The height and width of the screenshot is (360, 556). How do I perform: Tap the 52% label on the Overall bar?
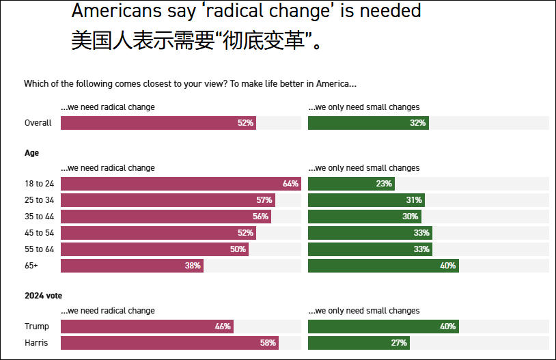coord(245,123)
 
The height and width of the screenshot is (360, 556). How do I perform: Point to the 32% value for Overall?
coord(418,123)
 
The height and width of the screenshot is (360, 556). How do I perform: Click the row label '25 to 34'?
coord(39,200)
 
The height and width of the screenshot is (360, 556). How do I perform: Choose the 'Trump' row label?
coord(37,327)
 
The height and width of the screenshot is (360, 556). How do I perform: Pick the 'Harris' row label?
coord(37,343)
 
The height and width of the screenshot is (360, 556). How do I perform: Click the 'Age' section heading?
coord(31,153)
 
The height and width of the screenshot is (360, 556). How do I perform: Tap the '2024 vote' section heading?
coord(43,296)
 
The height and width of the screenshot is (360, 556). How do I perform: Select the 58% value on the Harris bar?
coord(268,343)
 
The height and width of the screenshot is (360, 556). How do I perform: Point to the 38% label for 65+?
coord(192,266)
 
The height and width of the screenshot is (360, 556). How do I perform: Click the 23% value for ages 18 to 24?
coord(383,184)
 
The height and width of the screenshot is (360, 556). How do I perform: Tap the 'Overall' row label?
coord(38,123)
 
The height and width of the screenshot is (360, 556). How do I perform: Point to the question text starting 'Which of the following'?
coord(190,83)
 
